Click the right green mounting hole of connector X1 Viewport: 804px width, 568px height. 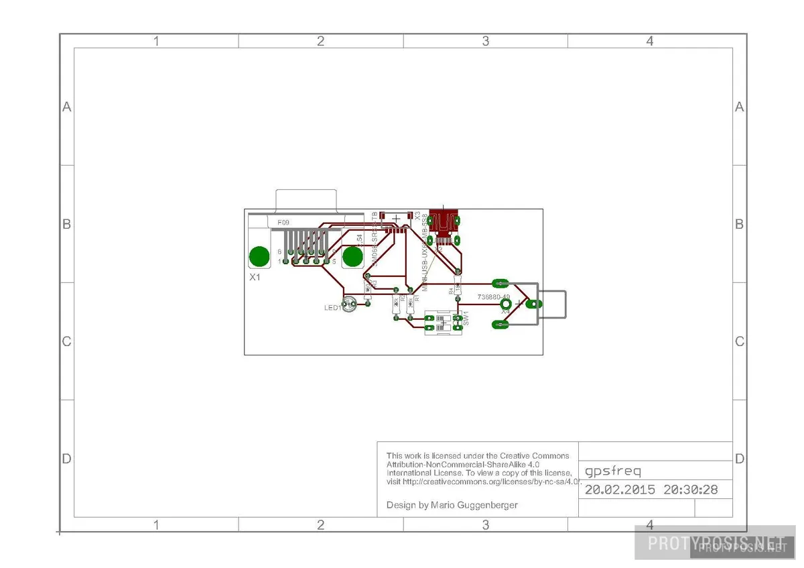[352, 257]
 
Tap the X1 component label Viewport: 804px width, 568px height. [255, 277]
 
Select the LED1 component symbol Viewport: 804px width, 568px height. [348, 305]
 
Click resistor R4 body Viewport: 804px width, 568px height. [458, 288]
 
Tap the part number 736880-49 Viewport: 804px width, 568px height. [493, 296]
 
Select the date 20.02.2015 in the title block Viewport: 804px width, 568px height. [620, 490]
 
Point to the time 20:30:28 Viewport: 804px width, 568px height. [690, 490]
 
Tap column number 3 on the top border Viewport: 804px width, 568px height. [486, 42]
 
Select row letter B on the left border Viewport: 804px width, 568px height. [66, 224]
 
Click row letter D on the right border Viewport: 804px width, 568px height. [739, 459]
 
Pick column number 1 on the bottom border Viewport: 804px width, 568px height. [156, 525]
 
